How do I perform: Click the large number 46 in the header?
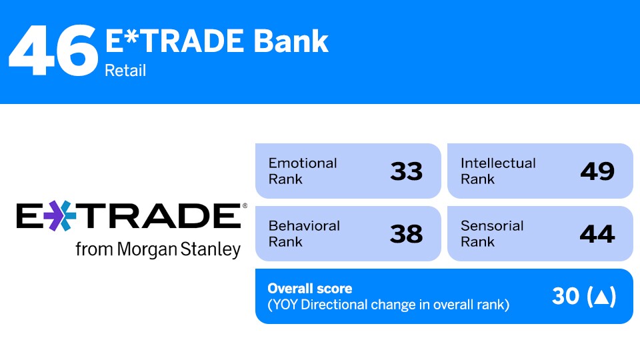coord(53,51)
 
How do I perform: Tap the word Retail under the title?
coord(125,70)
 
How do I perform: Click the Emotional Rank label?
coord(302,171)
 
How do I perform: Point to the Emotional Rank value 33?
coord(406,171)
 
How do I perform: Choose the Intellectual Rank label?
coord(497,171)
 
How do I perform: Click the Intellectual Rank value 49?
coord(597,171)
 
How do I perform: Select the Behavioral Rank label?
coord(303,233)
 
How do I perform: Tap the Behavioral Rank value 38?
coord(406,234)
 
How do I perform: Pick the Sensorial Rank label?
coord(492,233)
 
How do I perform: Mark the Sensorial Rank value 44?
coord(597,234)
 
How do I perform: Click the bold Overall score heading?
coord(309,289)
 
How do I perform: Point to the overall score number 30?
coord(565,297)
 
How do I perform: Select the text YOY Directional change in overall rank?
coord(388,305)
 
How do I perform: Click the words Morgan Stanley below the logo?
coord(179,250)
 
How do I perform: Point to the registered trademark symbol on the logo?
coord(245,206)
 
